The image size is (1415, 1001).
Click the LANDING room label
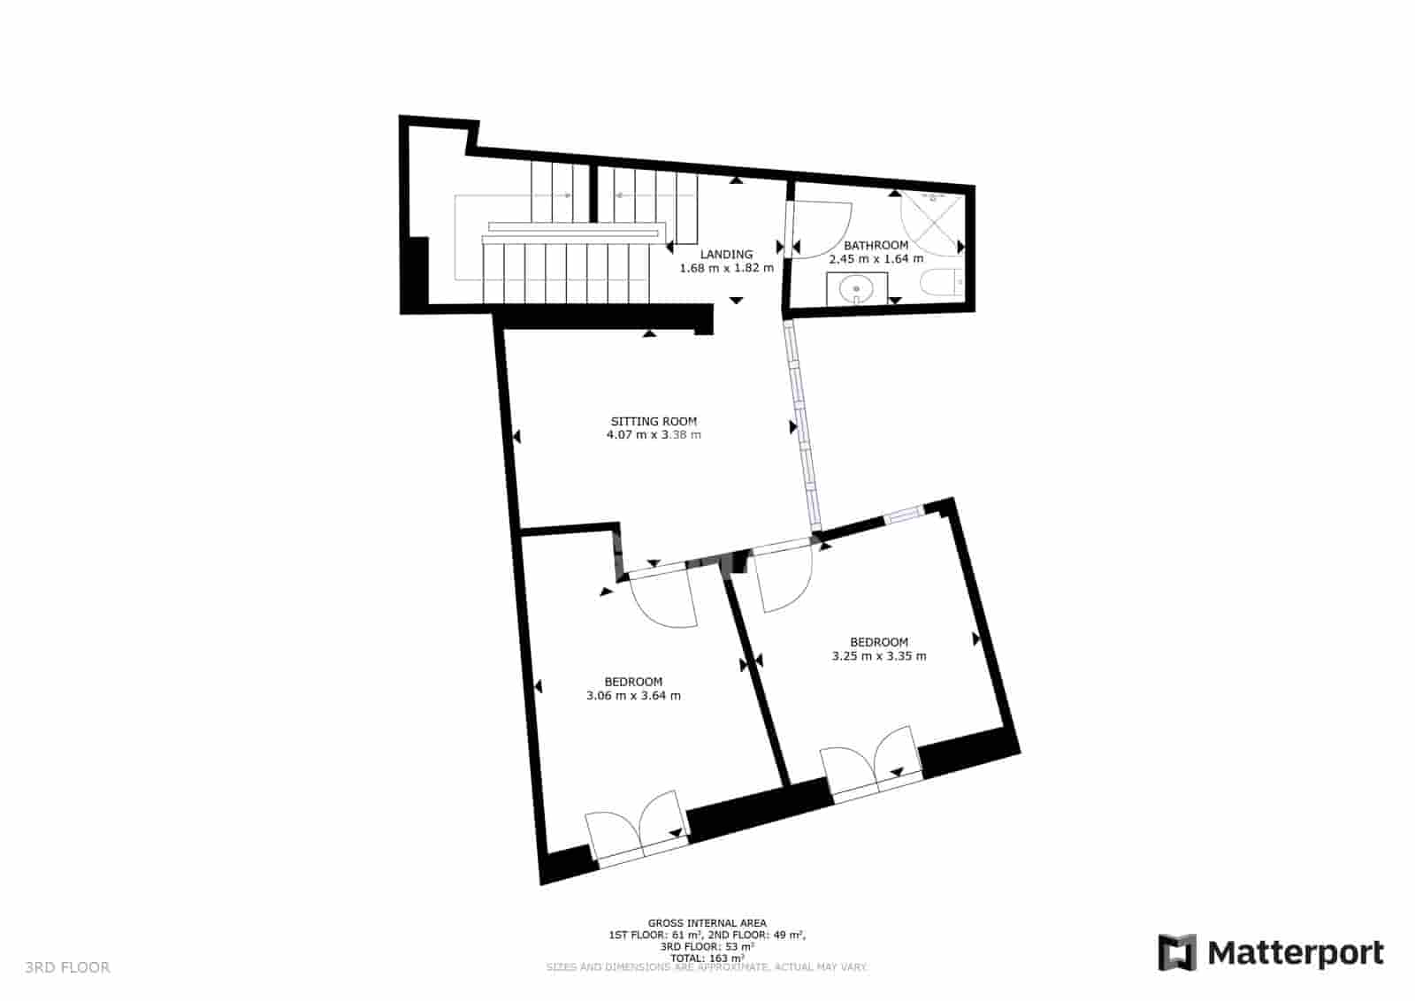(726, 255)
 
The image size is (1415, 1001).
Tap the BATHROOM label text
(876, 245)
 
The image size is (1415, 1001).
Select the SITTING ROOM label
(654, 421)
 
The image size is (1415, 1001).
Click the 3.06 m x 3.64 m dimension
(633, 696)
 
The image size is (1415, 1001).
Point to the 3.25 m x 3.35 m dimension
(879, 656)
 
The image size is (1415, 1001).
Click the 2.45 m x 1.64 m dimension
(876, 259)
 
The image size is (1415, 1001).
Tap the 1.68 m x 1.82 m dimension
(726, 268)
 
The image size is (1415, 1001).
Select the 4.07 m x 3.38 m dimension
(654, 435)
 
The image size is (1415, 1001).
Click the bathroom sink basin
(856, 288)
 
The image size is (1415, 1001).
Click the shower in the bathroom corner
(930, 221)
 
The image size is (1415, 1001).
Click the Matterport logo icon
(1177, 952)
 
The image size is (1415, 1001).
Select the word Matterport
(1296, 953)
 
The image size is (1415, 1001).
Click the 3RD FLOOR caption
(67, 967)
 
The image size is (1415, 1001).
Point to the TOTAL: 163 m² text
(707, 958)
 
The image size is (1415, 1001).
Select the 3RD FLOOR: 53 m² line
(707, 946)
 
